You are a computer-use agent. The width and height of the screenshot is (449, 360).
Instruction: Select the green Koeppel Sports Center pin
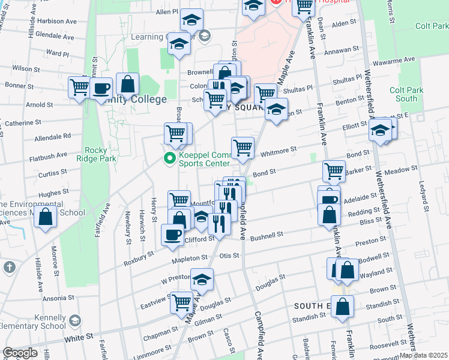click(169, 159)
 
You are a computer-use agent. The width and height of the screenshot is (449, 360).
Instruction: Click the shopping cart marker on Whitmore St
click(243, 148)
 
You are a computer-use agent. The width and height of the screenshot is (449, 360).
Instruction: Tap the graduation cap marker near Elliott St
click(379, 130)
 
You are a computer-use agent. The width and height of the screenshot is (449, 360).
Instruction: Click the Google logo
click(20, 353)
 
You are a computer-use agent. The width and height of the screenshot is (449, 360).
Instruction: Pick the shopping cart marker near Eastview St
click(181, 303)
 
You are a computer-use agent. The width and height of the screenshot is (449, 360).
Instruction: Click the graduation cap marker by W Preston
click(202, 280)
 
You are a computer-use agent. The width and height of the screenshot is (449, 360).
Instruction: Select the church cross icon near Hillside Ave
click(9, 266)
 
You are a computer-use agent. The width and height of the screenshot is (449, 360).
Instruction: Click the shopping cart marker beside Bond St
click(334, 171)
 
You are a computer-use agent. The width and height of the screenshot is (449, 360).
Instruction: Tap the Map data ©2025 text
click(423, 355)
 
